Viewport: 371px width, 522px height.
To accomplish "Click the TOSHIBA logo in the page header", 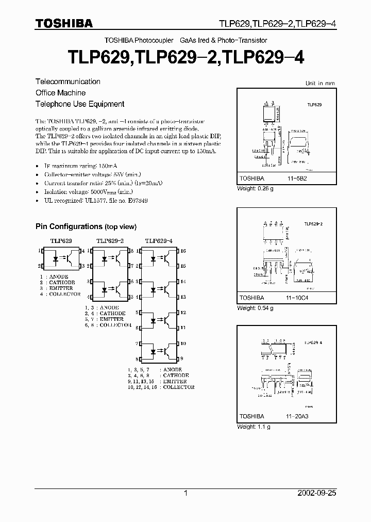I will click(64, 24).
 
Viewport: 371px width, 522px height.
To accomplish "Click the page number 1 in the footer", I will click(185, 493).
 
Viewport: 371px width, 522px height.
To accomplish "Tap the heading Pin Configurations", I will click(86, 226).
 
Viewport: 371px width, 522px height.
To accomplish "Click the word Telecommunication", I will click(68, 81).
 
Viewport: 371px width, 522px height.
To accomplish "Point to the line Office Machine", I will click(60, 93).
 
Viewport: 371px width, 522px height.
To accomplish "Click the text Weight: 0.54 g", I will click(255, 308).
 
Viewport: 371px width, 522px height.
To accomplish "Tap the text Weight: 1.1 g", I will click(254, 427).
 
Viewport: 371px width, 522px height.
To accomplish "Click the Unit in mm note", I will click(319, 83).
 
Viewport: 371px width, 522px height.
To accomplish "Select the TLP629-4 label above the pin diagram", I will click(159, 240).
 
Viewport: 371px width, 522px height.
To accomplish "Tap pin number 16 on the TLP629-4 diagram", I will click(183, 251).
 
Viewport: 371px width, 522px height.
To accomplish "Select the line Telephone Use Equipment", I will click(80, 104).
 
